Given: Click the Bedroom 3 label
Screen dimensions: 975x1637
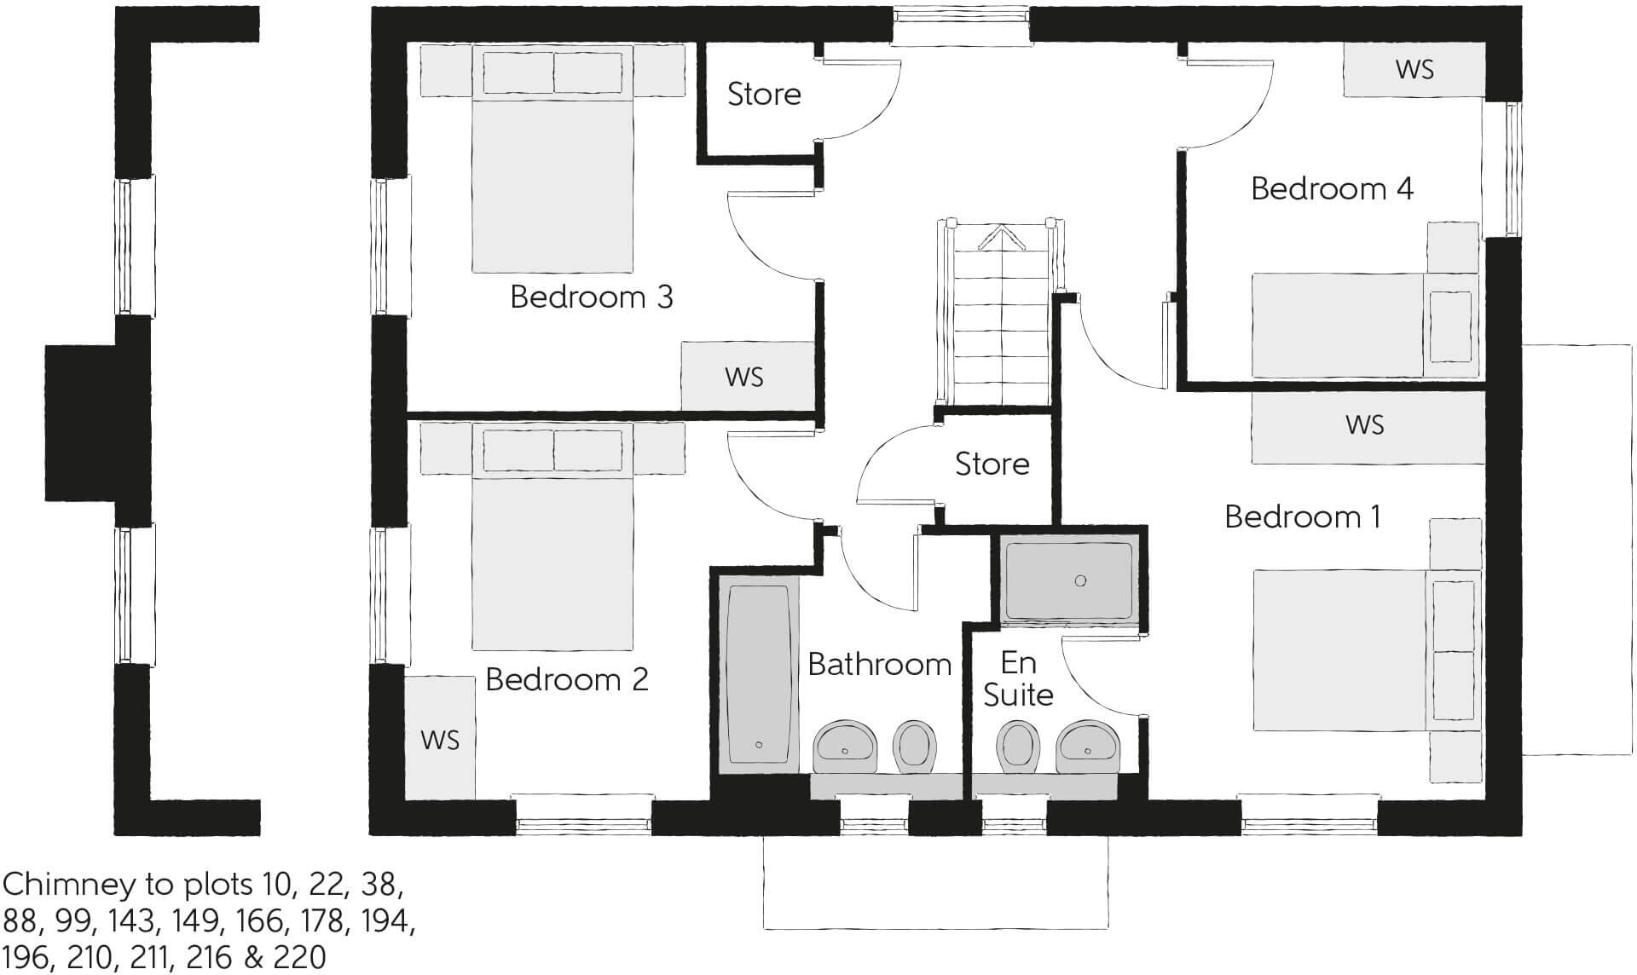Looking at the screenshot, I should (x=591, y=297).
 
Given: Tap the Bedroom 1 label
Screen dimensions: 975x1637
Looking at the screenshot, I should (x=1302, y=516).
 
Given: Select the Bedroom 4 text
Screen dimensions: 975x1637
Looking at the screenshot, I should (x=1332, y=188).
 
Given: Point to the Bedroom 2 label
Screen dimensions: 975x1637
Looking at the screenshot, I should (x=567, y=679).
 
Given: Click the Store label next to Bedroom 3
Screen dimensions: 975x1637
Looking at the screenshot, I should (x=764, y=94).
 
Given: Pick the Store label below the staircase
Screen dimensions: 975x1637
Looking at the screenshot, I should (x=992, y=464).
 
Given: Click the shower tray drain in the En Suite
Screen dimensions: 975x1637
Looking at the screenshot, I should (x=1080, y=580).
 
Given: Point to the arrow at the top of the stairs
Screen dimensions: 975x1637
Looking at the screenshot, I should (x=999, y=236).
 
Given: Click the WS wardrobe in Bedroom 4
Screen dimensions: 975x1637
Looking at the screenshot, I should (x=1414, y=70).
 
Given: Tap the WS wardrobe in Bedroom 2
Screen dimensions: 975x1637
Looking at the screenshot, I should (x=439, y=738).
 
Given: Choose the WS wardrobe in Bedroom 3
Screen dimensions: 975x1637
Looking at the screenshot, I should (x=744, y=377).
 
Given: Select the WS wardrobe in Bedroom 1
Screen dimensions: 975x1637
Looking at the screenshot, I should (x=1365, y=425).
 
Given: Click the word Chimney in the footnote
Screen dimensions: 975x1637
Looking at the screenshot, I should (x=68, y=885).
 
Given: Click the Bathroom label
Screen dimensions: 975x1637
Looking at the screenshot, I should (x=879, y=664).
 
